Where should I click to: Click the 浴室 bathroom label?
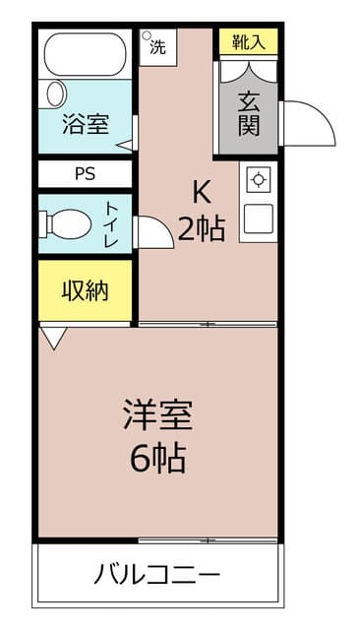pos(85,125)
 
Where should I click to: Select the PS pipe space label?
pos(85,174)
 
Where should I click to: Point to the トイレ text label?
pos(111,223)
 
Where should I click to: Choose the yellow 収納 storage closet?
pos(85,290)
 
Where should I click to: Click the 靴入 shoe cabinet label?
pos(247,42)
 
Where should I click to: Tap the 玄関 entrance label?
pos(247,114)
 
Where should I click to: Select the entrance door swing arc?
pos(307,123)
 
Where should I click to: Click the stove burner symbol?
pos(258,179)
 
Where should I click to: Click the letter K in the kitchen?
pos(201,191)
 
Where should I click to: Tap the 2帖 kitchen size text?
pos(201,228)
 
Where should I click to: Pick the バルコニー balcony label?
pos(157,574)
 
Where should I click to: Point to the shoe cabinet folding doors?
pos(247,71)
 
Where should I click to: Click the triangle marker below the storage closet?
pos(53,338)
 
